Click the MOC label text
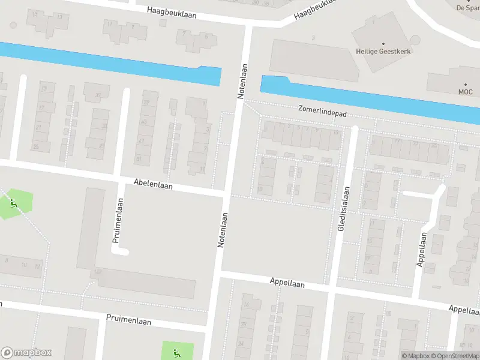466,92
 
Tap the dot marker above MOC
466,84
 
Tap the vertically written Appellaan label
422,249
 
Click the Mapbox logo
26,353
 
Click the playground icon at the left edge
13,203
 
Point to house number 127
97,272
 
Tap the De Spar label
468,8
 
